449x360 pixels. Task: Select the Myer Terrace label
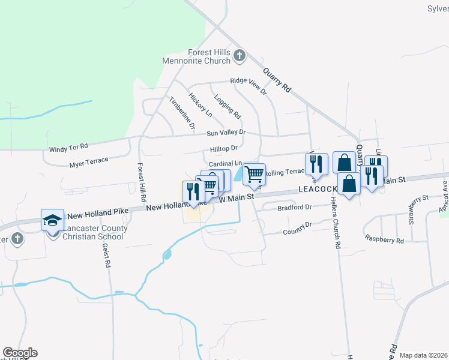(x=88, y=161)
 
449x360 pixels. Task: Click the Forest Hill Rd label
(x=142, y=182)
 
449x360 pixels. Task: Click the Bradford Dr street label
(x=295, y=208)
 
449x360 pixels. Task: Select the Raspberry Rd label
(x=384, y=238)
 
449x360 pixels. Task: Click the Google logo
(x=20, y=353)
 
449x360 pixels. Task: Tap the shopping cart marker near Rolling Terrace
(x=254, y=174)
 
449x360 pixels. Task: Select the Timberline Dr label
(x=182, y=113)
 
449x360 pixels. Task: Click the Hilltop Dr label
(x=224, y=148)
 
